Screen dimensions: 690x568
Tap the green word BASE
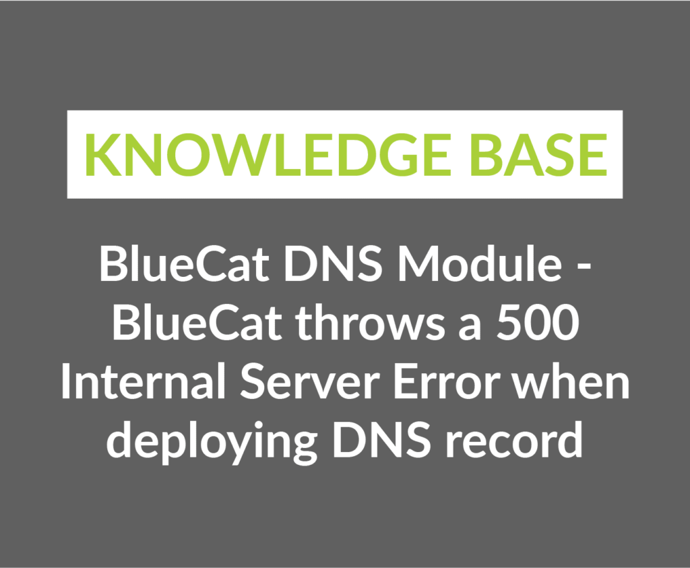[x=539, y=154]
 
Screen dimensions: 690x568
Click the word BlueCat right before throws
[x=197, y=323]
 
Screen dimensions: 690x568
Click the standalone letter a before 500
[x=470, y=327]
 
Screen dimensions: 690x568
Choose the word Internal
[x=143, y=381]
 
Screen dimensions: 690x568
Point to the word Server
[x=310, y=381]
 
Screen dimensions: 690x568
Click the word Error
[x=446, y=382]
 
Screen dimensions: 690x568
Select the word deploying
[x=211, y=441]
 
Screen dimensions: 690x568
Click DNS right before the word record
[x=381, y=440]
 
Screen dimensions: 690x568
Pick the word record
[x=514, y=440]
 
